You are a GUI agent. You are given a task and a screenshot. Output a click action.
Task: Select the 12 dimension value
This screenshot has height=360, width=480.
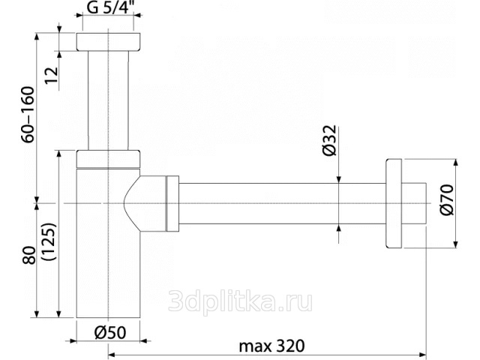(x=52, y=75)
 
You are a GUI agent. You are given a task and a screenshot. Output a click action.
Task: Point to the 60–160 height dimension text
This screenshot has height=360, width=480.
(x=28, y=115)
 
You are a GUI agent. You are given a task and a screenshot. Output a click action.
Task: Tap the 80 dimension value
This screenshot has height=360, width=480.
(x=29, y=255)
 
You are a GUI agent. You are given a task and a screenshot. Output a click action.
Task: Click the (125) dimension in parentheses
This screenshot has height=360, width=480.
(x=49, y=241)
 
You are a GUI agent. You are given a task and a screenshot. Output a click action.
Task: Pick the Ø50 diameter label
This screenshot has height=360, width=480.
(x=110, y=332)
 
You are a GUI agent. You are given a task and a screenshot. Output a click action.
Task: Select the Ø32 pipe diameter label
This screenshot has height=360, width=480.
(x=330, y=140)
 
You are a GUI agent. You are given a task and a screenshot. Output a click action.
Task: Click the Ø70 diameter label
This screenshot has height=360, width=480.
(x=447, y=199)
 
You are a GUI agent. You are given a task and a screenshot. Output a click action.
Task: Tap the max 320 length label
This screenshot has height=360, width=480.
(x=271, y=346)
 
